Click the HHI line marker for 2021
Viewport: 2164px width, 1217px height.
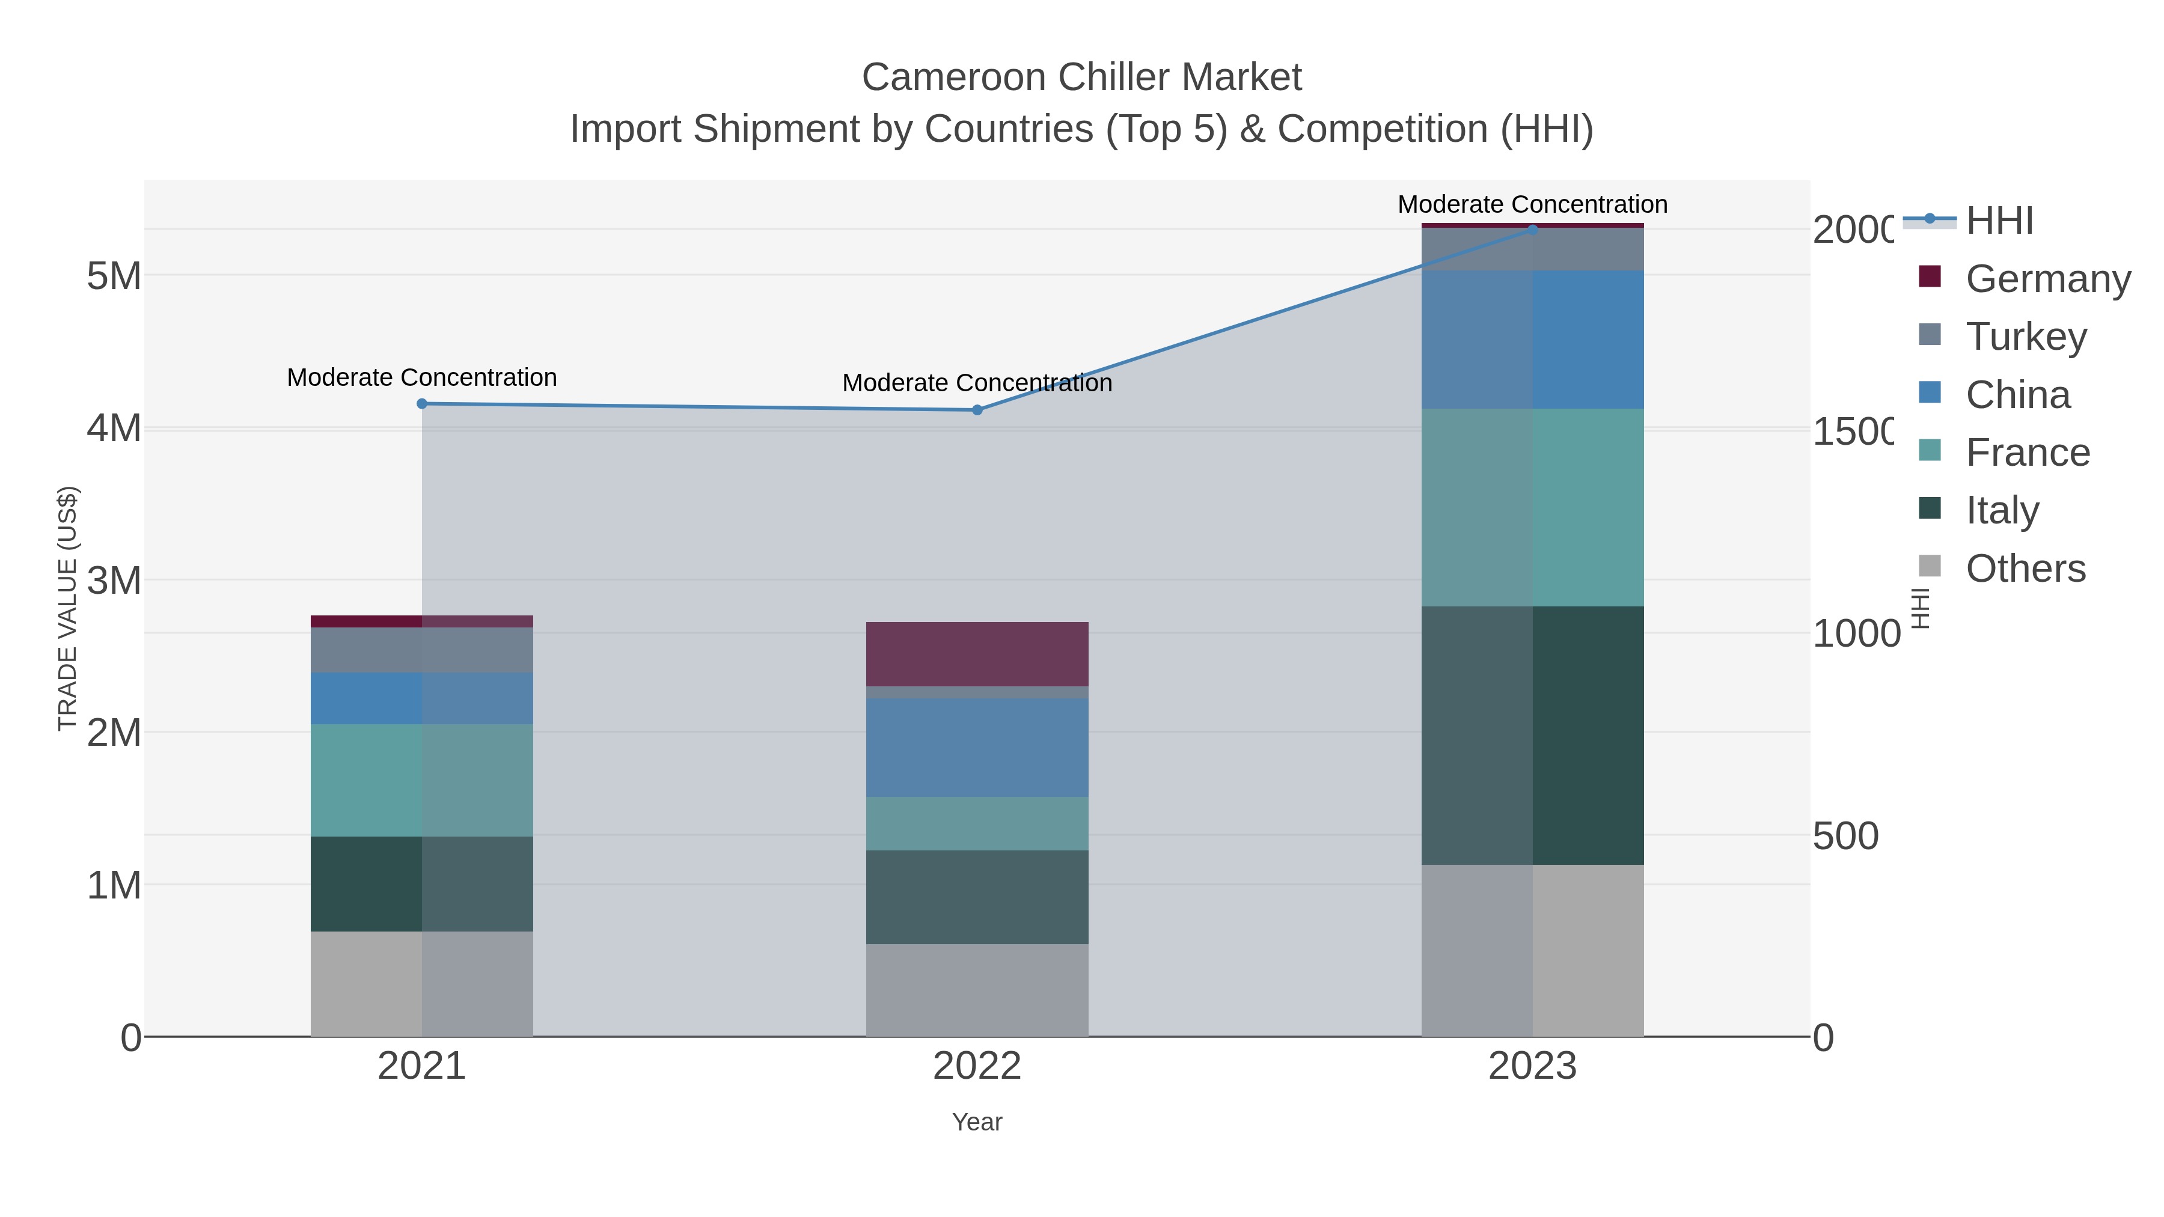[x=422, y=404]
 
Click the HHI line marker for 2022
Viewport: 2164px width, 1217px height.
[x=977, y=410]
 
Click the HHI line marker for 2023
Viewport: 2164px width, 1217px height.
[x=1532, y=230]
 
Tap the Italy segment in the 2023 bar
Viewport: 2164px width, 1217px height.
[x=1532, y=736]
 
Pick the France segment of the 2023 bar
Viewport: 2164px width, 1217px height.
[x=1532, y=507]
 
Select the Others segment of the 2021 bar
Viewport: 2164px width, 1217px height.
[x=422, y=983]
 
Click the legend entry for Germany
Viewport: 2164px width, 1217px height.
[x=2048, y=278]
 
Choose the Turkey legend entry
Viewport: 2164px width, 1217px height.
[x=2025, y=336]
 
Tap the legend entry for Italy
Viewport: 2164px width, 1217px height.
[x=2002, y=510]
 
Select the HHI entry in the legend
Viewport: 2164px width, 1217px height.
[x=1999, y=220]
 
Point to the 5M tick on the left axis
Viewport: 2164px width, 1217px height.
[x=114, y=275]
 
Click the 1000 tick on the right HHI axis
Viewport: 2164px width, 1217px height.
[x=1856, y=633]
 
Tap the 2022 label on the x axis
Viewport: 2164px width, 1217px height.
[x=977, y=1066]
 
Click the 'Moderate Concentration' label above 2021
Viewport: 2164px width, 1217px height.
[x=422, y=377]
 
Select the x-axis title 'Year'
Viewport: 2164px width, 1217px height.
[x=977, y=1122]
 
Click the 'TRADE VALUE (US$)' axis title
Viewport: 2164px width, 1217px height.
[x=67, y=608]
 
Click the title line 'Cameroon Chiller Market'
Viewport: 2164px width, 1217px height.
[x=1081, y=78]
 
